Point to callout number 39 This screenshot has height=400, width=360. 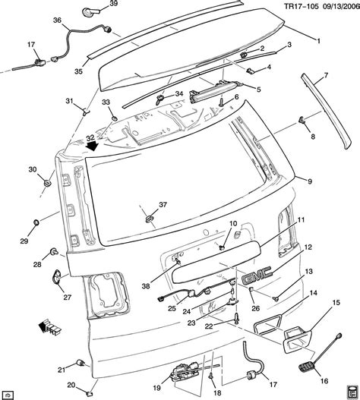tap(113, 5)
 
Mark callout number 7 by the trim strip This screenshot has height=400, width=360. tap(326, 76)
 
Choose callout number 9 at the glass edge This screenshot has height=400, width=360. tap(310, 181)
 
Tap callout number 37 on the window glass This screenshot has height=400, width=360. tap(161, 206)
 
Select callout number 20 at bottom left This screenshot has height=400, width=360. tap(69, 384)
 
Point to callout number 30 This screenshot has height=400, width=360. tap(32, 169)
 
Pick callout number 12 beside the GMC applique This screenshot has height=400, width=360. tap(308, 247)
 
